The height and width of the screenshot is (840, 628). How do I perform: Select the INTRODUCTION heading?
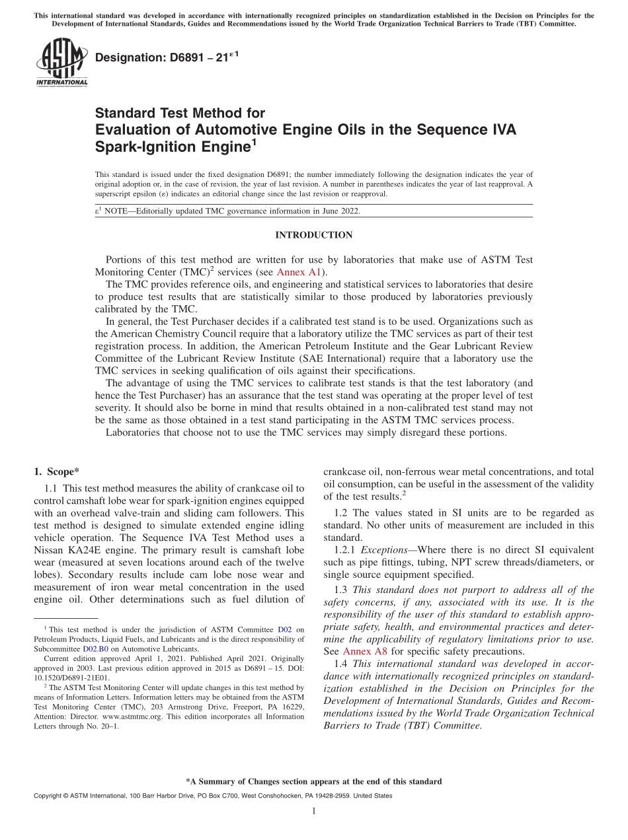coord(313,235)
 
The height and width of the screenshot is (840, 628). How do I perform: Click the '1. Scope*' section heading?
coord(56,472)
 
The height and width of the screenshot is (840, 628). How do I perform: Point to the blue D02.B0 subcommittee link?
coord(95,648)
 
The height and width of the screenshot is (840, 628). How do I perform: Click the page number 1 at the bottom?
coord(314,812)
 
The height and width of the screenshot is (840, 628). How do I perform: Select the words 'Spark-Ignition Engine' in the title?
coord(171,147)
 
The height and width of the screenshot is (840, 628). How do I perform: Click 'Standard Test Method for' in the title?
coord(180,113)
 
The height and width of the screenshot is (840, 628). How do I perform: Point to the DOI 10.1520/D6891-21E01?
coord(72,677)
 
